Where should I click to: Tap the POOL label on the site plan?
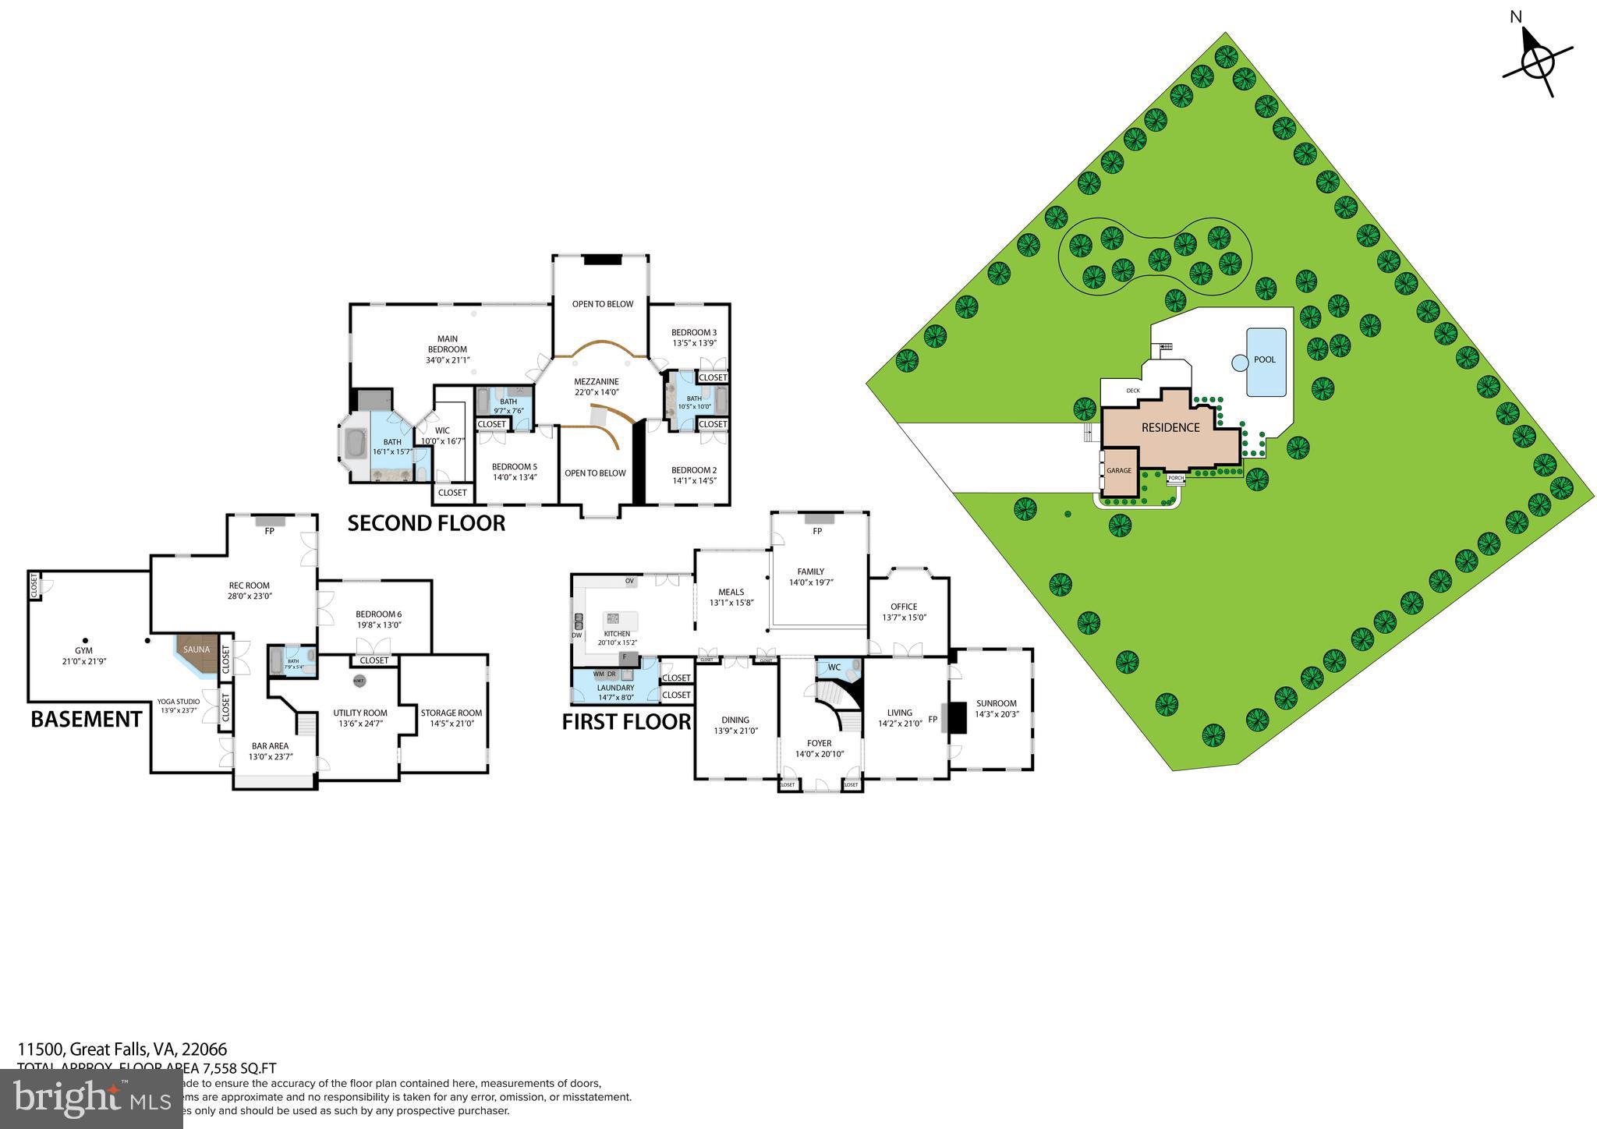1265,359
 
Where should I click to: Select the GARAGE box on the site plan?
1119,471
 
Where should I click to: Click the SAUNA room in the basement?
197,651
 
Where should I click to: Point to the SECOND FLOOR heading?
426,523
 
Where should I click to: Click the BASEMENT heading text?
86,719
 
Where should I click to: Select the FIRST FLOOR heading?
626,722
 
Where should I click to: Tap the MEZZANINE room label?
597,381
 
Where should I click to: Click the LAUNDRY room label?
615,688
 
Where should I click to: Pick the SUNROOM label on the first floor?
996,703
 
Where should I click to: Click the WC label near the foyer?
834,667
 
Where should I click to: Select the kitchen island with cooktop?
620,621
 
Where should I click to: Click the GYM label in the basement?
83,650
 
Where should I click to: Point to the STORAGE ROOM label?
451,713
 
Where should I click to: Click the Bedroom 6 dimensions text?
378,625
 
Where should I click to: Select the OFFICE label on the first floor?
904,607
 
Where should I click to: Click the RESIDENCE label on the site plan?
1170,427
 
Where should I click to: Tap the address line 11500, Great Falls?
122,1049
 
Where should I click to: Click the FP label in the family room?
817,531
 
